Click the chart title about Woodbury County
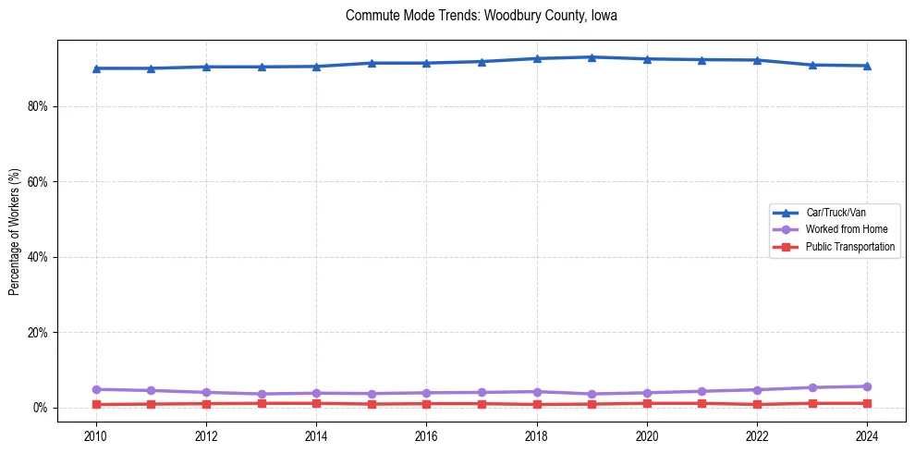pos(481,16)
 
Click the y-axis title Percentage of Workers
pos(14,232)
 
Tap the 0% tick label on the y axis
pos(40,408)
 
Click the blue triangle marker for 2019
pos(592,57)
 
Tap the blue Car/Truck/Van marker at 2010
pos(96,68)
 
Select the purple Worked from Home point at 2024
pos(867,386)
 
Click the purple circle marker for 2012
pos(206,393)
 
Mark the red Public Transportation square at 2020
pos(647,403)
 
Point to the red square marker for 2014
pos(316,403)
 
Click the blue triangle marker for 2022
pos(757,60)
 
